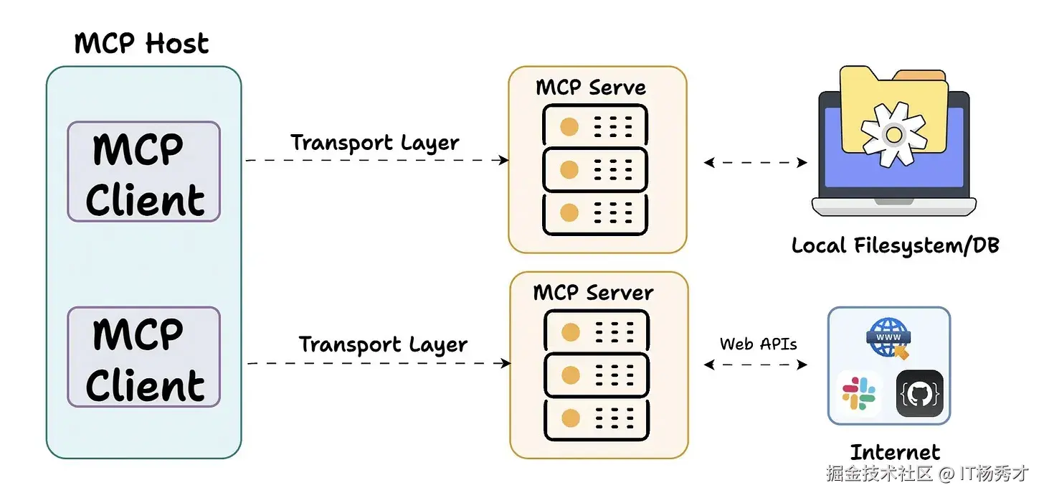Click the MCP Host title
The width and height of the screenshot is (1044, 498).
141,44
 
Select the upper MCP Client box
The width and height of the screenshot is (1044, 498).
143,172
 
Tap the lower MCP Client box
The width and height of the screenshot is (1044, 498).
143,357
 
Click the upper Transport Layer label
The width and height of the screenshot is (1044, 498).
374,142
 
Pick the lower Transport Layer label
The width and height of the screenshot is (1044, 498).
383,344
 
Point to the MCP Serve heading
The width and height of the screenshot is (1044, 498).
590,88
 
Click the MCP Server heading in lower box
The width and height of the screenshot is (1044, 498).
593,292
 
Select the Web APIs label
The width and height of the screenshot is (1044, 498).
758,344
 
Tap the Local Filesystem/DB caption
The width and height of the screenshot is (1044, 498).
895,245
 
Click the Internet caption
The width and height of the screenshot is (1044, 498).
895,452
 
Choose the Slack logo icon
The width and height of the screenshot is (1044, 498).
858,394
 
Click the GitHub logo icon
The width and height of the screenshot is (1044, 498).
919,394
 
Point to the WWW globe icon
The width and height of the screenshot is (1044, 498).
889,337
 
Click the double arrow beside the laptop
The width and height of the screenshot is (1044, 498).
756,163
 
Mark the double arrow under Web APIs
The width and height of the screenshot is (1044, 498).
756,365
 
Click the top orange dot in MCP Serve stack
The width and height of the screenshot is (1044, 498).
569,127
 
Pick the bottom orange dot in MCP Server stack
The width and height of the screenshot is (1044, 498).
571,417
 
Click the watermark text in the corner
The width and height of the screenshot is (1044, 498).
927,474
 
